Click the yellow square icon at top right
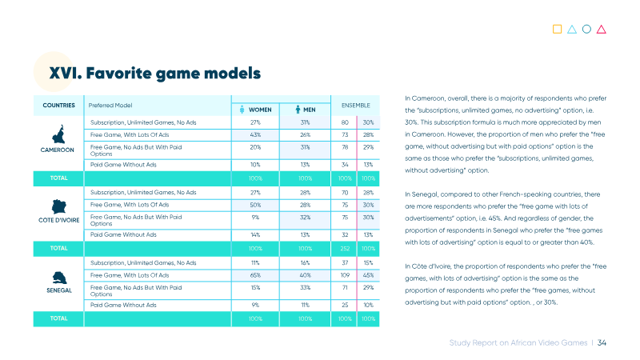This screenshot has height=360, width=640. click(x=557, y=29)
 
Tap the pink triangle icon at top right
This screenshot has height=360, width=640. click(x=602, y=30)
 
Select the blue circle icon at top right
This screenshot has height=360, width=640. click(x=586, y=29)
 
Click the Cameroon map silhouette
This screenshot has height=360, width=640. click(x=58, y=134)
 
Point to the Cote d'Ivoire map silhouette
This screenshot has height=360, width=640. click(x=58, y=206)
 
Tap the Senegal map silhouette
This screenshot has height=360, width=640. click(x=59, y=278)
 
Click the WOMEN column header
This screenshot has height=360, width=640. click(x=255, y=110)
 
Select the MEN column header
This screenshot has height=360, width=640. click(x=306, y=110)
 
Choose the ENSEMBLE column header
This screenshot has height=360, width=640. click(x=355, y=106)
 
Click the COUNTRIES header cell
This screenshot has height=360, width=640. click(x=58, y=106)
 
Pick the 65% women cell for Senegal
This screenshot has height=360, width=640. click(x=255, y=275)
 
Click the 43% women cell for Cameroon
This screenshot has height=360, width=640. click(x=255, y=134)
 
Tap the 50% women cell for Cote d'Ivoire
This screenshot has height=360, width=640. click(x=255, y=205)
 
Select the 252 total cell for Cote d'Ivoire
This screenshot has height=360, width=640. click(x=345, y=249)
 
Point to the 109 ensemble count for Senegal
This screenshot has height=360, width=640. click(x=345, y=275)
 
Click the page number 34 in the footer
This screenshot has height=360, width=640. click(x=602, y=343)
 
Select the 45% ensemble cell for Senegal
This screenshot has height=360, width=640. click(x=368, y=275)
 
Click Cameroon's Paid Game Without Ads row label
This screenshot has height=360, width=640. click(x=123, y=165)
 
